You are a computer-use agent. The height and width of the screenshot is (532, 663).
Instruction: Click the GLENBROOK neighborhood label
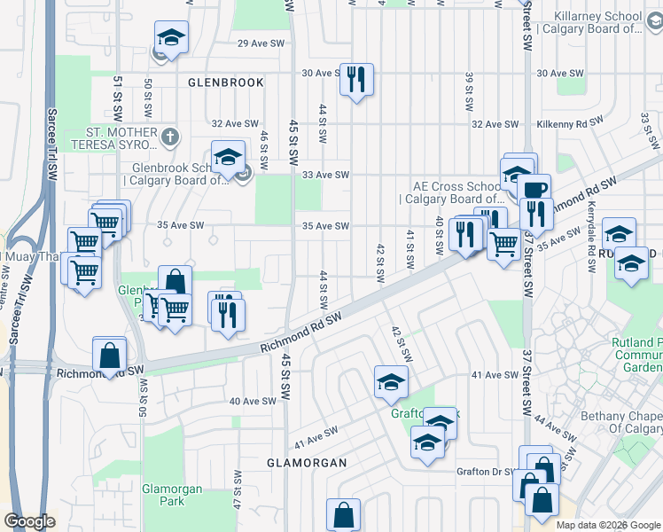tap(226, 82)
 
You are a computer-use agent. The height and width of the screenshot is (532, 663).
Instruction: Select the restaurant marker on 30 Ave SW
tap(356, 79)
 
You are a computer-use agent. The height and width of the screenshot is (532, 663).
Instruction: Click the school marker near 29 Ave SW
tap(171, 37)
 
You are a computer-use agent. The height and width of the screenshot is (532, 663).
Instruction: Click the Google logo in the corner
tap(29, 521)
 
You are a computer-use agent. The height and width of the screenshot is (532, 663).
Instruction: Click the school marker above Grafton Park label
tap(391, 381)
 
